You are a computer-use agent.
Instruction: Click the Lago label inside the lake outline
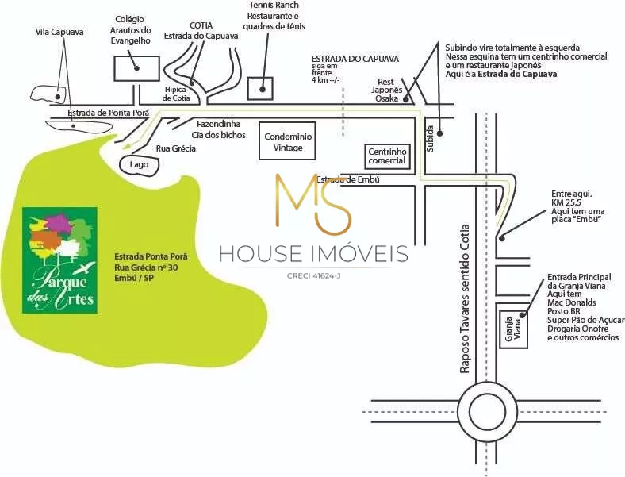(139, 164)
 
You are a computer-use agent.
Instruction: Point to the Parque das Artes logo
(59, 260)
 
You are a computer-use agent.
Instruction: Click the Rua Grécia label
(176, 148)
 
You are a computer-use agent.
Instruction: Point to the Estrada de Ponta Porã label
(108, 113)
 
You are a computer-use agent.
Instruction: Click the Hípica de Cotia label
(176, 94)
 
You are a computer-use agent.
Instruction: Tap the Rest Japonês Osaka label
(386, 90)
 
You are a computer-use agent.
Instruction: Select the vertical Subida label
(430, 138)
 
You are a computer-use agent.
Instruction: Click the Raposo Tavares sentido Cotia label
(465, 298)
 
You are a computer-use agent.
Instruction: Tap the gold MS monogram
(314, 203)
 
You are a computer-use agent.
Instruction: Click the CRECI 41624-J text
(314, 275)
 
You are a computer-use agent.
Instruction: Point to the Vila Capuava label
(59, 32)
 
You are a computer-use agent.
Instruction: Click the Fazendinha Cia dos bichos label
(218, 129)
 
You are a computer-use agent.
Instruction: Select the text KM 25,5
(566, 202)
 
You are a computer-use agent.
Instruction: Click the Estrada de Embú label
(348, 179)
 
